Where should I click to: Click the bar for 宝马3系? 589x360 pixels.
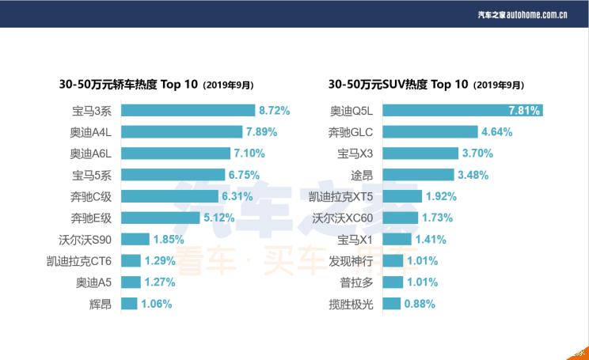(188, 111)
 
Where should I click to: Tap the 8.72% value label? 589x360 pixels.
(274, 111)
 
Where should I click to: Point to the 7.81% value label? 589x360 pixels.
(522, 111)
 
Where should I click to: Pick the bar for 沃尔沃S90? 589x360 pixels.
(135, 239)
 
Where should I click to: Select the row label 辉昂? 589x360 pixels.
(101, 303)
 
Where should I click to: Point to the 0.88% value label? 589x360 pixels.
(420, 303)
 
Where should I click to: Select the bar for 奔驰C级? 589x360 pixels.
(170, 196)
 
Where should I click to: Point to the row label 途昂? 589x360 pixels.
(362, 175)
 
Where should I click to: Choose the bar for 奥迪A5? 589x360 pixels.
(131, 282)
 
